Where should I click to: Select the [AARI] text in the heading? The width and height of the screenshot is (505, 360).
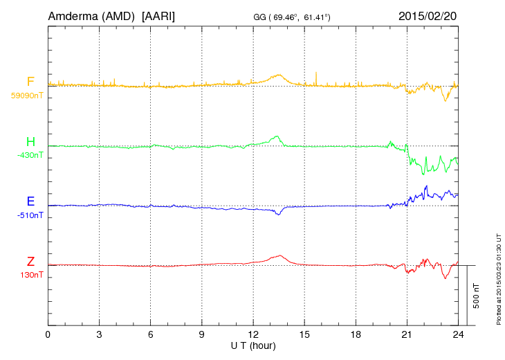[158, 15]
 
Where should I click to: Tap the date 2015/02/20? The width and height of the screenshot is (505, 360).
[427, 15]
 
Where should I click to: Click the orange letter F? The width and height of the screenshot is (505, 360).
[30, 82]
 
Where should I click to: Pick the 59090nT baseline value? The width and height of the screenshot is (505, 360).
[27, 96]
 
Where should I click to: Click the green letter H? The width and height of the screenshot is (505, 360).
[30, 142]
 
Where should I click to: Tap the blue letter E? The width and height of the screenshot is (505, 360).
[30, 201]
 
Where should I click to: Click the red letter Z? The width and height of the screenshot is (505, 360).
[30, 261]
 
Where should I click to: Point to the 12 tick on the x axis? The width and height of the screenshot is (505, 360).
[252, 334]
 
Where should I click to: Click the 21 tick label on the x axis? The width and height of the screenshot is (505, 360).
[406, 334]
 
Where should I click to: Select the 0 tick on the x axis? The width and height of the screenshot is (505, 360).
[48, 334]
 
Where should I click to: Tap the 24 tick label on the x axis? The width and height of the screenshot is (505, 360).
[457, 334]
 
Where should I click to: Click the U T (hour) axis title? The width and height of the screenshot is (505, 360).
[253, 345]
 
